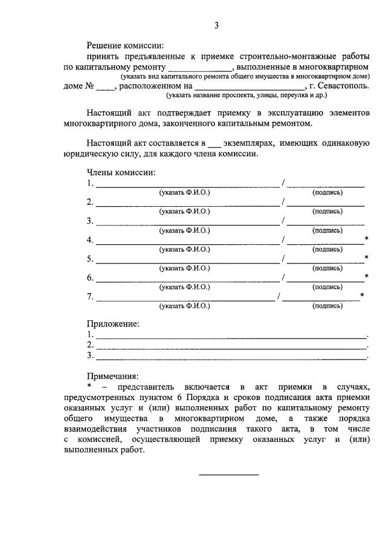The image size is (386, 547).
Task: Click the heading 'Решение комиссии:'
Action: coord(125,45)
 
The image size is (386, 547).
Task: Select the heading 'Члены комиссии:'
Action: coord(121,173)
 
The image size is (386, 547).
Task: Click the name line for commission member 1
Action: coord(187,186)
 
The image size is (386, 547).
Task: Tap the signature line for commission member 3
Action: coord(325,224)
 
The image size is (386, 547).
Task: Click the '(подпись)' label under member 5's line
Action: coord(327,268)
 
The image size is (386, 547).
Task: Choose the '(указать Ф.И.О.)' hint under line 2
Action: coord(184,212)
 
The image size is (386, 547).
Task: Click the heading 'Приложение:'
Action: coord(113,324)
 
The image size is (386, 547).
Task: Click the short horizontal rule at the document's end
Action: coord(229,474)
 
